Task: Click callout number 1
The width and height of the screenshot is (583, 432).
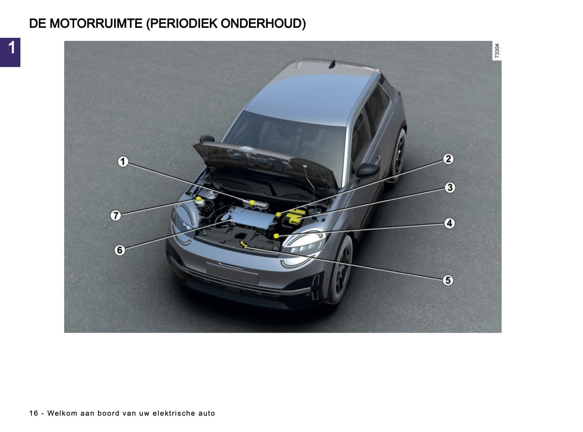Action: tap(123, 162)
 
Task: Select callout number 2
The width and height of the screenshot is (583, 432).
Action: tap(448, 159)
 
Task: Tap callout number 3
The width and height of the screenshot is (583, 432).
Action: tap(449, 188)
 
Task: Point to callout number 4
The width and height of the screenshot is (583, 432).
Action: tap(449, 223)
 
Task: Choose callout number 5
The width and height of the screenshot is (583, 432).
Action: tap(447, 280)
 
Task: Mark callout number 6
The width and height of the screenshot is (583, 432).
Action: tap(119, 250)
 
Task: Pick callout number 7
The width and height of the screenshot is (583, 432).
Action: tap(116, 216)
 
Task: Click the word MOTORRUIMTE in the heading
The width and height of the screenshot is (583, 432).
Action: tap(96, 24)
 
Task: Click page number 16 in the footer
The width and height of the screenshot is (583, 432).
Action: tap(33, 413)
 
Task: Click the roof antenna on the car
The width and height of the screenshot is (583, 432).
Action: tap(332, 64)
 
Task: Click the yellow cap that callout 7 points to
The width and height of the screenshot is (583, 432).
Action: tap(199, 200)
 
